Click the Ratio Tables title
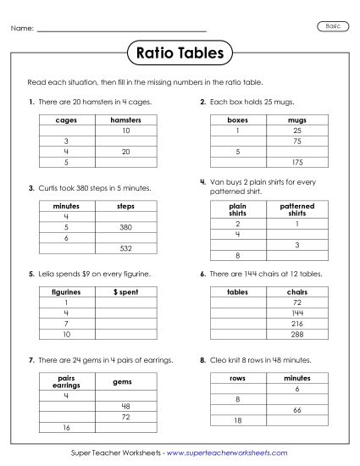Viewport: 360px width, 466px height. [180, 53]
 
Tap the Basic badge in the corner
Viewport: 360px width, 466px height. [333, 27]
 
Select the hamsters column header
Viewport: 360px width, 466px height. [125, 121]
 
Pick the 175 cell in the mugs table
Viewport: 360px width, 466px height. [296, 162]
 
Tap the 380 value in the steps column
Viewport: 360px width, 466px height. [125, 228]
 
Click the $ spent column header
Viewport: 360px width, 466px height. [125, 291]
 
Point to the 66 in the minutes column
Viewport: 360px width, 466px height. [296, 409]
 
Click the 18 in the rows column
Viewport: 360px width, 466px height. [238, 419]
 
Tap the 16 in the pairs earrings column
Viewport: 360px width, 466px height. [66, 426]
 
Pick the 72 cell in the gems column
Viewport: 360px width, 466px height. [125, 416]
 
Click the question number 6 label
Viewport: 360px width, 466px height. [203, 274]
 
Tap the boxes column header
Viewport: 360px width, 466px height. [238, 121]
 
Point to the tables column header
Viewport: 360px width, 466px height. [238, 291]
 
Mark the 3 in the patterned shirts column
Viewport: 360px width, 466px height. [296, 244]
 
